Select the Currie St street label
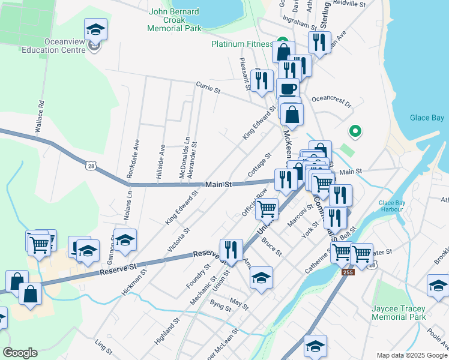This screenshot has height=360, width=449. [208, 88]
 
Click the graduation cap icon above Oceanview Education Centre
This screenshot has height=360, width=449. [95, 30]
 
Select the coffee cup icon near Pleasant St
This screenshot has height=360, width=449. [288, 88]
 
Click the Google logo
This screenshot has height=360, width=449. [20, 353]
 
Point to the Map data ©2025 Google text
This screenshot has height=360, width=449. [411, 355]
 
